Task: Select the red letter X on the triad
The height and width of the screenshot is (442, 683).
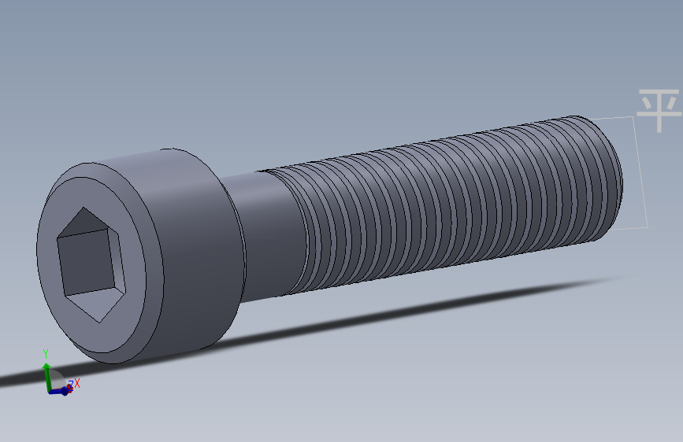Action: click(x=77, y=383)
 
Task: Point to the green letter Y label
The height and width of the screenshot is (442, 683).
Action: click(x=46, y=354)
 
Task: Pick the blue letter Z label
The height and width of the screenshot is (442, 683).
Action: click(x=70, y=385)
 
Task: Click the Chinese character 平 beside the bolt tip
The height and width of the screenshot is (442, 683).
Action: click(x=658, y=111)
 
